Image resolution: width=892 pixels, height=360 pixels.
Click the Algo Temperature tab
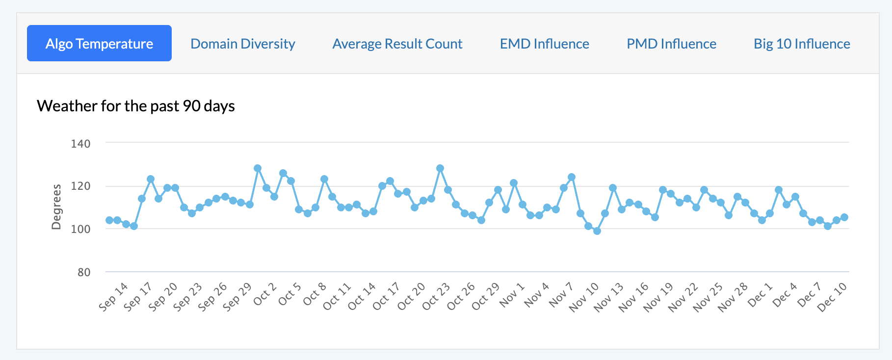99,44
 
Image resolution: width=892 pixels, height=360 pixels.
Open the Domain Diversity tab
242,44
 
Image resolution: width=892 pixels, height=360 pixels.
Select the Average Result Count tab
397,44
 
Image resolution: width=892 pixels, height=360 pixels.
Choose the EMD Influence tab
544,44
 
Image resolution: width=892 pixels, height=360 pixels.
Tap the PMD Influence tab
671,44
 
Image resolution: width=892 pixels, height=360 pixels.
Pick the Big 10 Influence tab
802,44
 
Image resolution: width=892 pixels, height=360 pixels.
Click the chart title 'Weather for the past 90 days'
136,106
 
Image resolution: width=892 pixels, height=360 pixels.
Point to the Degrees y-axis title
56,206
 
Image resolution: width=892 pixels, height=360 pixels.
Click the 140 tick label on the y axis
80,144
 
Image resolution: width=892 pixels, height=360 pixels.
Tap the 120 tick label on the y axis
80,186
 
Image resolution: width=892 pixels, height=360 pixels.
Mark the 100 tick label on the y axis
80,229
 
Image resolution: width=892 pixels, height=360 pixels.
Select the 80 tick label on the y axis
83,272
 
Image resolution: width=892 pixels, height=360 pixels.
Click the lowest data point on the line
597,231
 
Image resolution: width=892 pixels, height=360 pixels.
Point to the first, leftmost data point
109,220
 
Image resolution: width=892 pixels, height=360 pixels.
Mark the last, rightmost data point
844,217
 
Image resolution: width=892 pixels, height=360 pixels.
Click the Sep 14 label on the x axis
113,296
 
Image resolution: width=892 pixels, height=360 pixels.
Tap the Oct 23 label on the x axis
436,296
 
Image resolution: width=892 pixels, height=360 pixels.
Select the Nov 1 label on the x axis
512,295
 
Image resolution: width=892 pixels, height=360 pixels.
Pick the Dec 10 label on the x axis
832,297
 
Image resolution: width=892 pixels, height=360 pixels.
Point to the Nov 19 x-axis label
658,297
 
